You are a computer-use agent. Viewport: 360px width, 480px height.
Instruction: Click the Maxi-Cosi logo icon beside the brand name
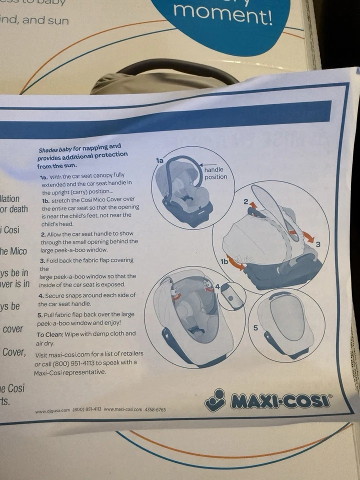(x=215, y=400)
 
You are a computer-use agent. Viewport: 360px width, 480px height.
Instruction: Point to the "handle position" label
(x=215, y=173)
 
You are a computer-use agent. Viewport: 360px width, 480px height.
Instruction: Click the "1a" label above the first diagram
(x=159, y=161)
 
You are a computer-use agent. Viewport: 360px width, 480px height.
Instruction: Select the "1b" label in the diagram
(x=225, y=261)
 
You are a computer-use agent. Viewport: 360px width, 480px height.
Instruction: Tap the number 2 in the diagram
(x=245, y=201)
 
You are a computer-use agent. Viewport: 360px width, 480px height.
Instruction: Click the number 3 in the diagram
(x=318, y=244)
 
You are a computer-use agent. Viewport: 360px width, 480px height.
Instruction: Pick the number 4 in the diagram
(x=217, y=286)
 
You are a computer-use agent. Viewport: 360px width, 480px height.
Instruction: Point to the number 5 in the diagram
(x=255, y=328)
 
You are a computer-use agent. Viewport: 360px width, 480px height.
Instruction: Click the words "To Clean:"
(x=50, y=334)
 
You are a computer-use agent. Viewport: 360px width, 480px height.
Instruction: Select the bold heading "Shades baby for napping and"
(x=80, y=148)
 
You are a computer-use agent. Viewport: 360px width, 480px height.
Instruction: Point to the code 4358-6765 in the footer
(x=155, y=409)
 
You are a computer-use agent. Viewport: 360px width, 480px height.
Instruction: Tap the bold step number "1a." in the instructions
(x=44, y=177)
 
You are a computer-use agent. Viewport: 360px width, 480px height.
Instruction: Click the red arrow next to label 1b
(x=237, y=264)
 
